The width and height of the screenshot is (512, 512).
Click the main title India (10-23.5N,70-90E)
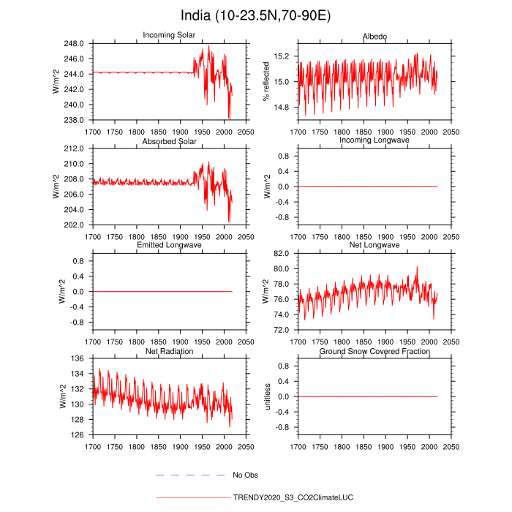[x=256, y=15]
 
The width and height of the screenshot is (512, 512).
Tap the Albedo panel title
[x=374, y=36]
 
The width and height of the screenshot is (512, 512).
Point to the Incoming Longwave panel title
[x=374, y=140]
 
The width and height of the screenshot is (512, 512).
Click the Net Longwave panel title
[x=374, y=245]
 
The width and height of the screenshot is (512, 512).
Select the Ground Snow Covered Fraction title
[x=374, y=351]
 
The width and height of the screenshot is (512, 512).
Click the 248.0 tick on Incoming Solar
[x=76, y=44]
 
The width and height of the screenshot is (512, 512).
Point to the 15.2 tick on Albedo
[x=282, y=56]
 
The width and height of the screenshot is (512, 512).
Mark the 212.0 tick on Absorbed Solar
[x=76, y=148]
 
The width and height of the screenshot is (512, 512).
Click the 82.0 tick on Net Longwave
[x=282, y=253]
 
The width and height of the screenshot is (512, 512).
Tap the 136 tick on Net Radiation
[x=80, y=358]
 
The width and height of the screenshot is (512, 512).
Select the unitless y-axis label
[x=268, y=396]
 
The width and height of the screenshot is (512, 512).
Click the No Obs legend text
[x=247, y=475]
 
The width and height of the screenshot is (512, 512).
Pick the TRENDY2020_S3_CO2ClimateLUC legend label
[x=293, y=497]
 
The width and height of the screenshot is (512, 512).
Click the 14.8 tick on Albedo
[x=282, y=108]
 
